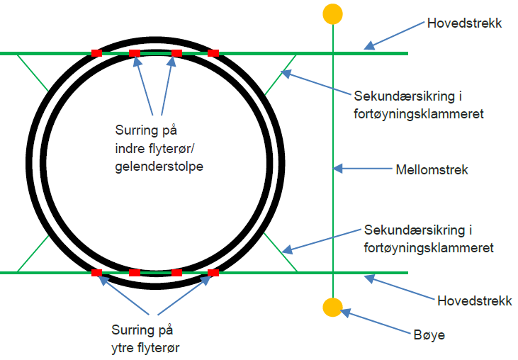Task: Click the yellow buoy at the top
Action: tap(332, 13)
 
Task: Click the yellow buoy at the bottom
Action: tap(332, 308)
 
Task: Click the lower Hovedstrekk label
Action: tap(473, 301)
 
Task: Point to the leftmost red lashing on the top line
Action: tap(97, 53)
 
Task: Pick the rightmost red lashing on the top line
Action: tap(213, 53)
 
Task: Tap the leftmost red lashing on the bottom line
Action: tap(97, 272)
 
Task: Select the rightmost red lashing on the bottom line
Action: tap(213, 272)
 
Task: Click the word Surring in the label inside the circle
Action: tap(134, 130)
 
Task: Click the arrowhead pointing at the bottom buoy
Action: tap(347, 311)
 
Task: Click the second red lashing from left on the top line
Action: tap(135, 53)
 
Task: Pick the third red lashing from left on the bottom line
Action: tap(176, 272)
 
